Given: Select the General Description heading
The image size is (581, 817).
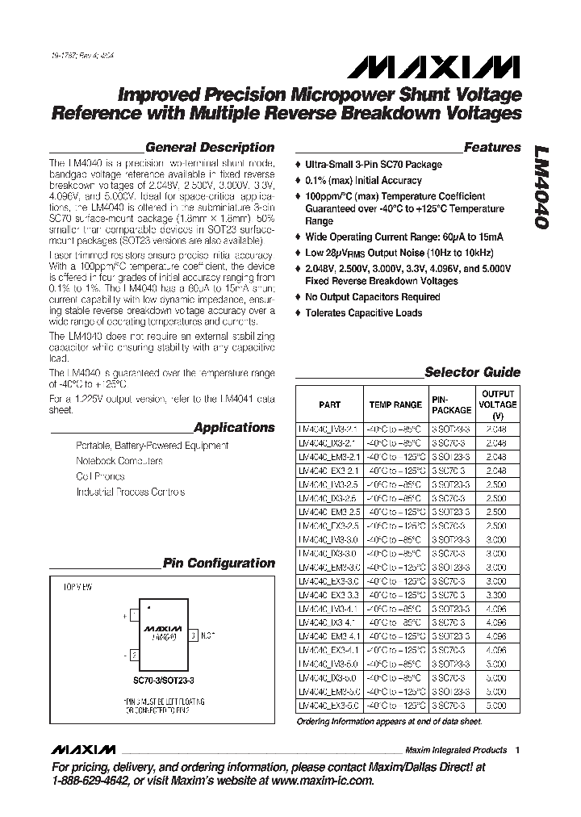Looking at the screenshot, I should pos(209,148).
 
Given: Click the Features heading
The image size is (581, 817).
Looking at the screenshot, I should pos(492,148).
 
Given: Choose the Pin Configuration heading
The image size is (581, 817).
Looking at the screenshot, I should pos(219,564).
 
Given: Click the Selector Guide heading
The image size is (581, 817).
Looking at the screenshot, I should pos(472,373).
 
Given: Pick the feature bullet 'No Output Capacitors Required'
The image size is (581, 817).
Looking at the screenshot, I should pos(372,297).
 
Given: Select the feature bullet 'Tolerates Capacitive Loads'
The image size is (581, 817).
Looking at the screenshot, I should pos(363,313).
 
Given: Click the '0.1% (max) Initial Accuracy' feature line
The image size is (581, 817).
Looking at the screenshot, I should pos(363,181).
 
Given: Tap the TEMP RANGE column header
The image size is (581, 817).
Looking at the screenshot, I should pos(395,405).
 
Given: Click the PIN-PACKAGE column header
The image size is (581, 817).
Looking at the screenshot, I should pos(451,404).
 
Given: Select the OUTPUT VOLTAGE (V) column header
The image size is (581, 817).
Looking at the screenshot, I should pos(498,404).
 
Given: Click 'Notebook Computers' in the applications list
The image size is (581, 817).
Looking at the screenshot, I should pos(119,461).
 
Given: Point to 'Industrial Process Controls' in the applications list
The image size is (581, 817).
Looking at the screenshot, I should pos(130,492).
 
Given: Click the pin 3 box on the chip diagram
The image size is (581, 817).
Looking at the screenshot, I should pos(193,635).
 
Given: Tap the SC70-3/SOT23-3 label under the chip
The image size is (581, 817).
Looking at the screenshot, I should pos(165,681).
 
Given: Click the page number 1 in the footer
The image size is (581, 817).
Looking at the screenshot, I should pos(517,750).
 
